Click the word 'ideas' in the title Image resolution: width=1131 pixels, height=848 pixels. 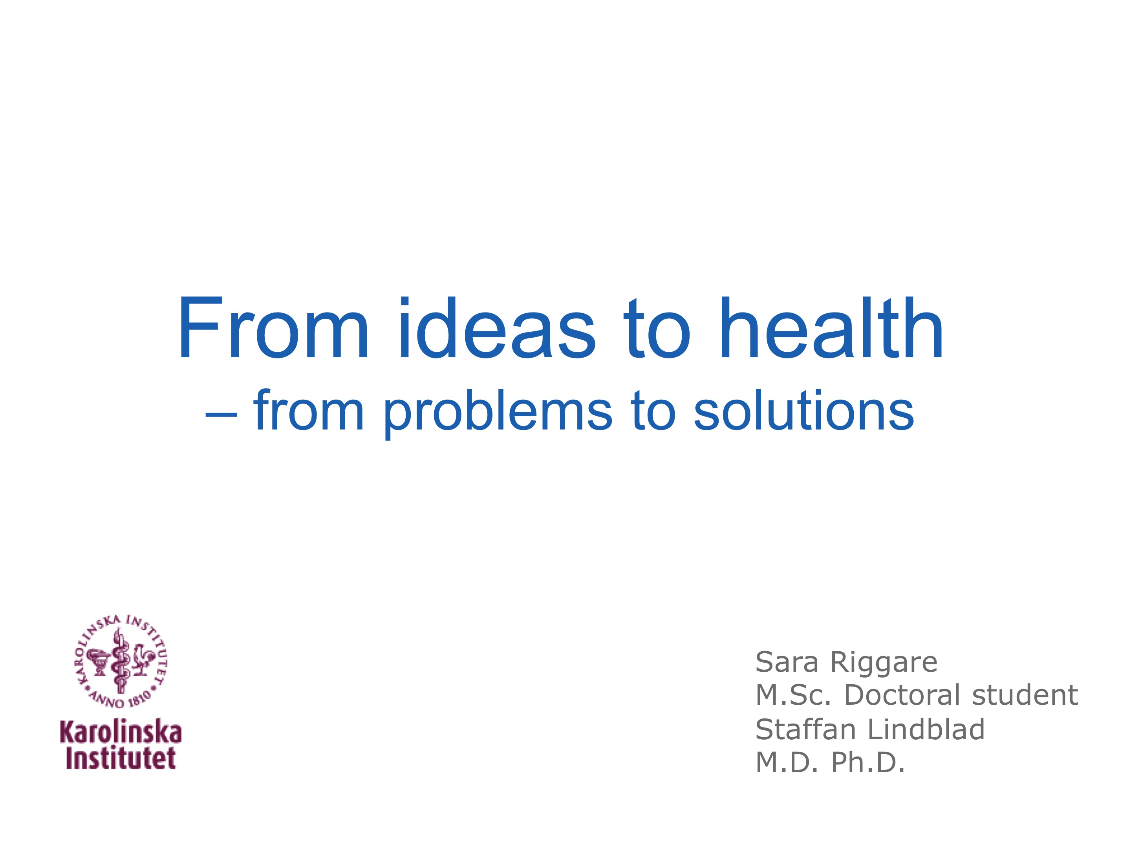[x=497, y=328]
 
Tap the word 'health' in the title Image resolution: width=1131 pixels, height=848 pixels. [x=831, y=328]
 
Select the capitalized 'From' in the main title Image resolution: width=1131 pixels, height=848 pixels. [x=273, y=328]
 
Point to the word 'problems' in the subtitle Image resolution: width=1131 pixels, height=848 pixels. [x=498, y=412]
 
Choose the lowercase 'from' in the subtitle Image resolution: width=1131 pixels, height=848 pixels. [x=308, y=409]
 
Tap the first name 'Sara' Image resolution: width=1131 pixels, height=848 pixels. [x=787, y=662]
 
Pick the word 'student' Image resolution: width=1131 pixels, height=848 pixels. [x=1025, y=695]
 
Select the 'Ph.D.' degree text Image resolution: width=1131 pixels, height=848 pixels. [x=868, y=763]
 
